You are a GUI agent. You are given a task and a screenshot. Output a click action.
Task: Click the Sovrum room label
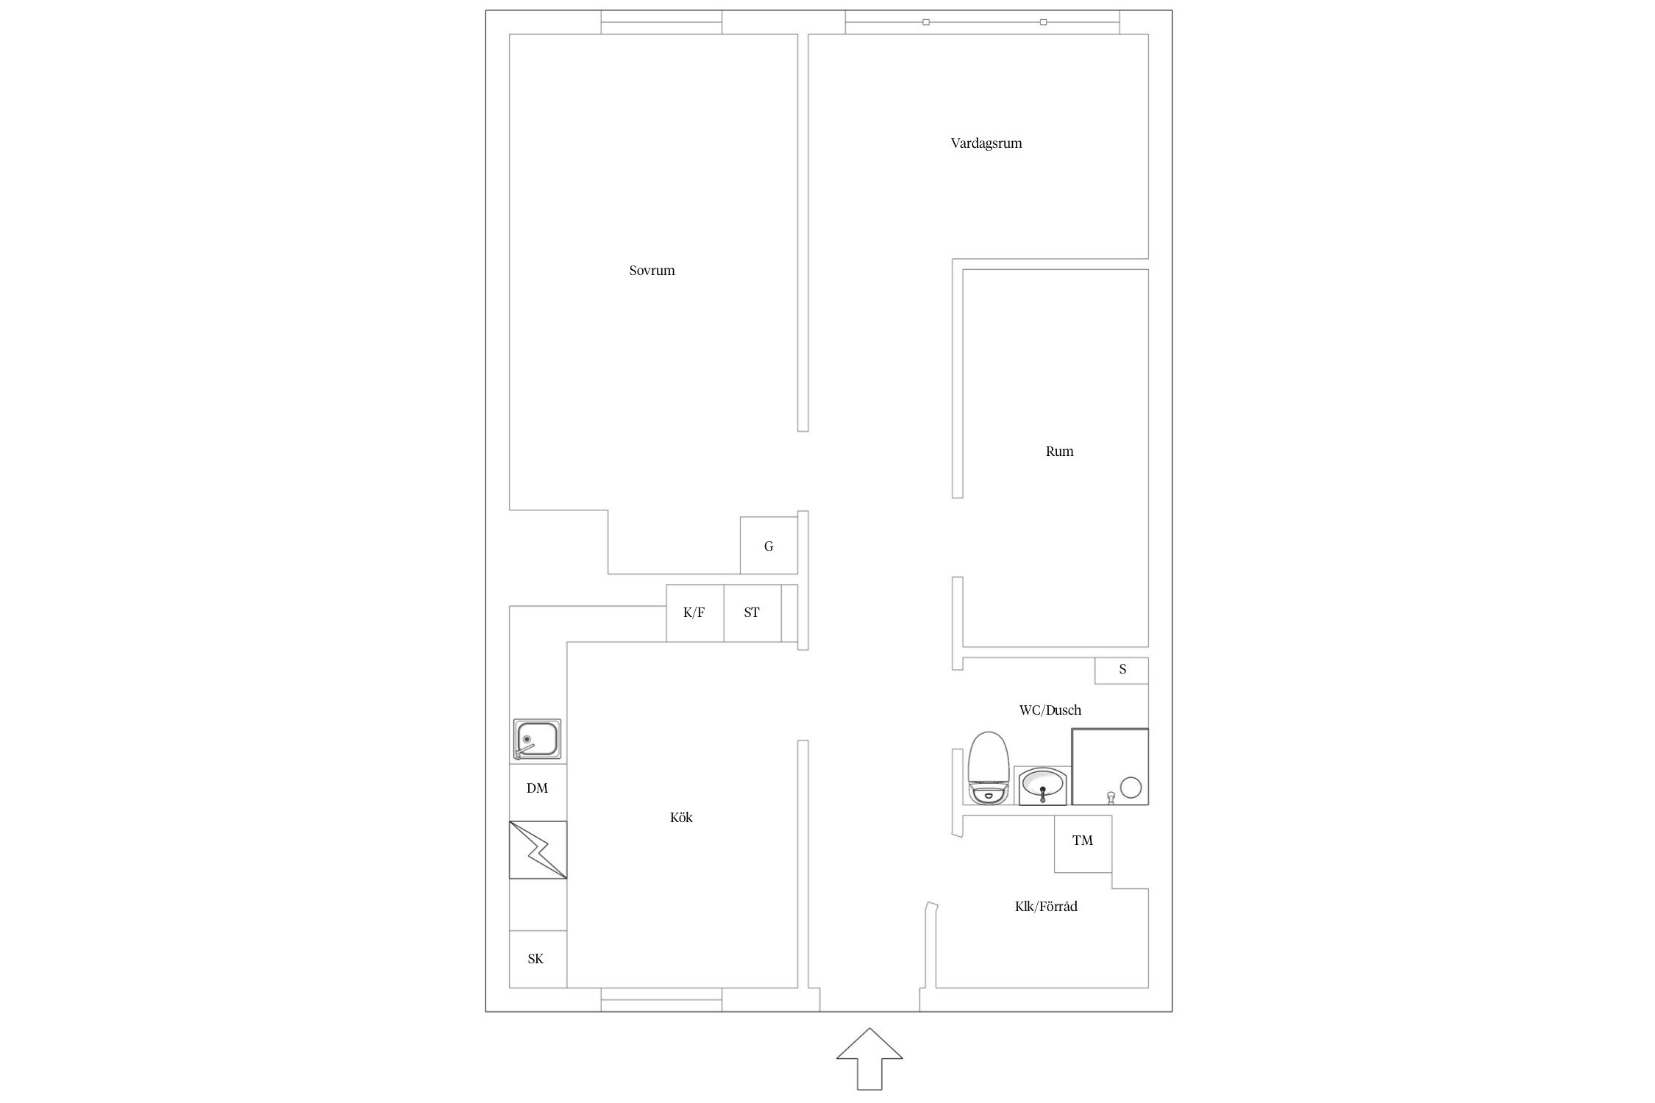[x=652, y=271]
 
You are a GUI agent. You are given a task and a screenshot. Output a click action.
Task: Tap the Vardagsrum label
[x=986, y=143]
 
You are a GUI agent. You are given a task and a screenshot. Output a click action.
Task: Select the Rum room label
[x=1059, y=451]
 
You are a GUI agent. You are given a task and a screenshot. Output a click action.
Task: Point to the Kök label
[x=681, y=817]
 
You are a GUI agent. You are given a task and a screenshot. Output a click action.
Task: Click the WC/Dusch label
[x=1050, y=710]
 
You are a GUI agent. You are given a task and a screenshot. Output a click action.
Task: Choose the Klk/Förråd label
[x=1046, y=907]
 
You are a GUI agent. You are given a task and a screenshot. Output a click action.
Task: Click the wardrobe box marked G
[x=769, y=546]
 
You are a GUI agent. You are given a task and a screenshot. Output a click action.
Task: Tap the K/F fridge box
[x=694, y=613]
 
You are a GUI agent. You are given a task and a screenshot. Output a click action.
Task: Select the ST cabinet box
[x=752, y=613]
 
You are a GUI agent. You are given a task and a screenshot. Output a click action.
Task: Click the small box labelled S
[x=1122, y=670]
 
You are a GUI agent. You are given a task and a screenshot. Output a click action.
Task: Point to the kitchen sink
[x=537, y=740]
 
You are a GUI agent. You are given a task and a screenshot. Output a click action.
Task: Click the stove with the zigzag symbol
[x=538, y=849]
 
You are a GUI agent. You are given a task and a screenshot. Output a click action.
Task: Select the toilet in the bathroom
[x=987, y=768]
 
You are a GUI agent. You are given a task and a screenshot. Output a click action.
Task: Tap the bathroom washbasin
[x=1042, y=785]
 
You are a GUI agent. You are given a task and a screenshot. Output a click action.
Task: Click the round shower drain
[x=1131, y=788]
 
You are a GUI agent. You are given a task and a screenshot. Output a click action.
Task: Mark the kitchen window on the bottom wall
[x=661, y=1000]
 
